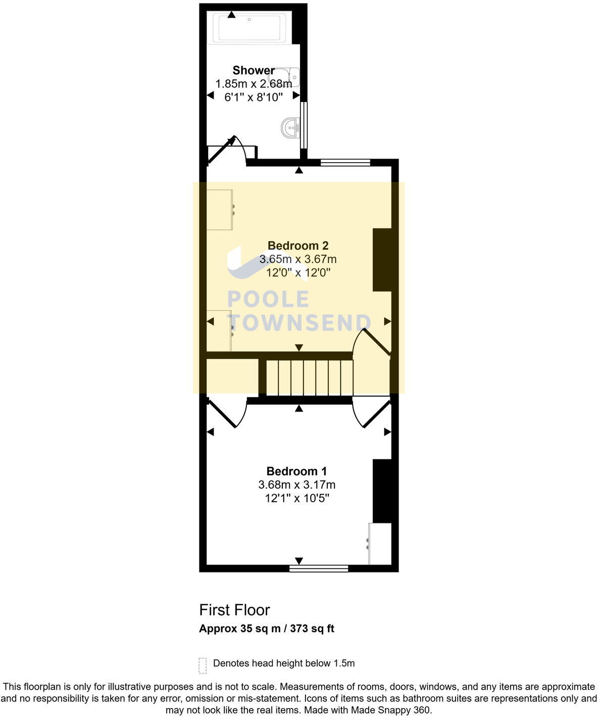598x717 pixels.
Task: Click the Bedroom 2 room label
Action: coord(297,246)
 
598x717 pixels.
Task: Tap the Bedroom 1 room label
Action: coord(296,471)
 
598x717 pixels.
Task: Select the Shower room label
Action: coord(254,70)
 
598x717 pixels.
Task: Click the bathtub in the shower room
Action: coord(248,28)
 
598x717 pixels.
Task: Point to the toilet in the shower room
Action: coord(290,77)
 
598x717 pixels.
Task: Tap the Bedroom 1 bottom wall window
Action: coord(319,568)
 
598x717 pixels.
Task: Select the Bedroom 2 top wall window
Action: coord(345,162)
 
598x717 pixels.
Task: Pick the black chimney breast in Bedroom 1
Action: coord(382,491)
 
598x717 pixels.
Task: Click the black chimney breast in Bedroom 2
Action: coord(382,260)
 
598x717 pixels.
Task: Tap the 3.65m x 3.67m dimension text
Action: coord(297,260)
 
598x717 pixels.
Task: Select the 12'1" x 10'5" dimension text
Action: coord(297,499)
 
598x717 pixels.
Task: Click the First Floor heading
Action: coord(234,610)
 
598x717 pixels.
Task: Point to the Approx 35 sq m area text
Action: coord(266,629)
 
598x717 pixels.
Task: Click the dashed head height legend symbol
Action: coord(203,665)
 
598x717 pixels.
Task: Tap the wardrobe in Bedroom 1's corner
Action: coord(379,544)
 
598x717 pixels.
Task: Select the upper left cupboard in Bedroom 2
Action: coord(220,210)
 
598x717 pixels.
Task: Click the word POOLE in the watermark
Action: coord(268,299)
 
